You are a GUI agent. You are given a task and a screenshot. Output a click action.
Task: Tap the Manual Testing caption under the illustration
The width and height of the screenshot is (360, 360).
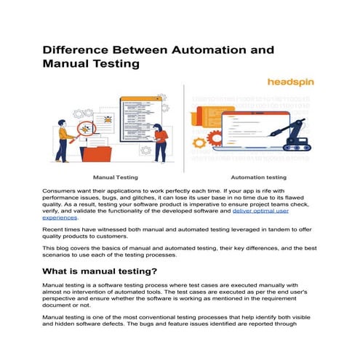pos(116,177)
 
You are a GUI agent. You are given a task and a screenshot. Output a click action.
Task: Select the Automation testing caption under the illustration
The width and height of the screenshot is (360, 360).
pos(259,177)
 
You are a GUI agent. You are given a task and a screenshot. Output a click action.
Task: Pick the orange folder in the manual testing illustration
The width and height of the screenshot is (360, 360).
pos(98,152)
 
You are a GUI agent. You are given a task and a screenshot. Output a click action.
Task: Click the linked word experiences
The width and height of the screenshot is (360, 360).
pos(62,217)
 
